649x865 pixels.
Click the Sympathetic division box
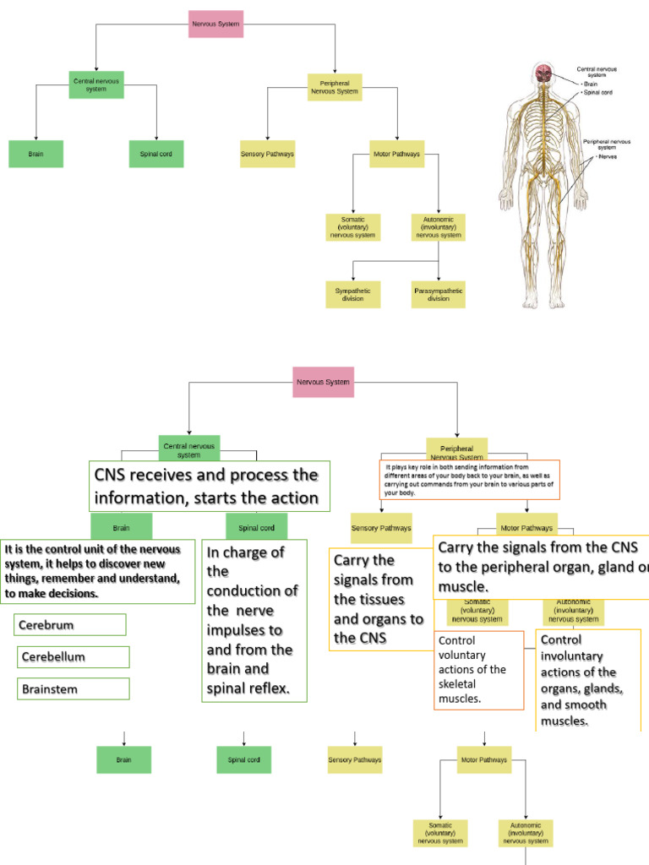(352, 294)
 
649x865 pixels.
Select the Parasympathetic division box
(438, 294)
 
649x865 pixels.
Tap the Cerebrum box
(70, 625)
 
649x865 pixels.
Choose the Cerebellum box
(73, 657)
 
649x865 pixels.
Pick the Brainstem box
(73, 689)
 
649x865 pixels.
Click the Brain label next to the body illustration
(592, 84)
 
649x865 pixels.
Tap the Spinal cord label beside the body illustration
(600, 92)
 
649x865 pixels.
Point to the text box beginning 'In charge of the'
(254, 621)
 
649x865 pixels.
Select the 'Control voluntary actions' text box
(478, 669)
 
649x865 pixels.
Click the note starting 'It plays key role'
(467, 479)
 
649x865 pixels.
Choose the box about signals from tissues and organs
(379, 599)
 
